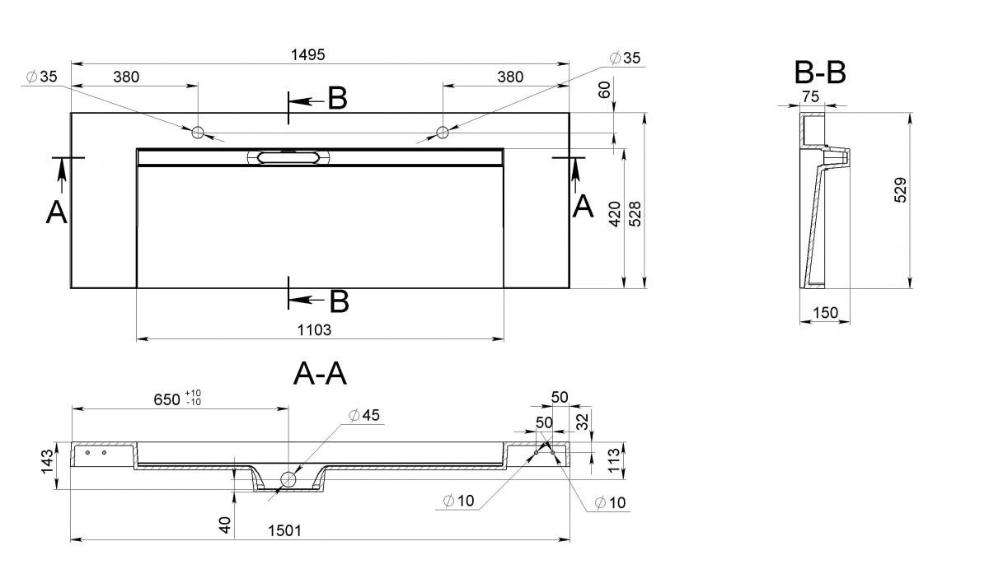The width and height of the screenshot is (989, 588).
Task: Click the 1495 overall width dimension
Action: [307, 54]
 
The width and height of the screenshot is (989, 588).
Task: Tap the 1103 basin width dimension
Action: [314, 330]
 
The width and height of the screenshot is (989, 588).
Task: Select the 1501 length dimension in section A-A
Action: [285, 530]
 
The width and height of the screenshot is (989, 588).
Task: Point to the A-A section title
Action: [320, 374]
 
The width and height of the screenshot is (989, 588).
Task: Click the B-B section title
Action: [820, 72]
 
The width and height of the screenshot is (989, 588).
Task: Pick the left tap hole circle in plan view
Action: [197, 132]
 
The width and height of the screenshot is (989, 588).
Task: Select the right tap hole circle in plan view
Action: [443, 132]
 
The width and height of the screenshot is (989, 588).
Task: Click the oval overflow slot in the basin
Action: [288, 157]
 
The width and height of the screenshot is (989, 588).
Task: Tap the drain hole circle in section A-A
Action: [288, 478]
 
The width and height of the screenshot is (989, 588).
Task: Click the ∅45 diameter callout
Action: [364, 415]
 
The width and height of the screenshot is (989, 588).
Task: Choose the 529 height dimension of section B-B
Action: [900, 190]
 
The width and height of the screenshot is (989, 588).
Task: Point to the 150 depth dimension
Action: [825, 313]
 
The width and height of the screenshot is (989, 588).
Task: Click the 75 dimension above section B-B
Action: [811, 96]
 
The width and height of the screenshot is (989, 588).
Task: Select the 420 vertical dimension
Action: [615, 214]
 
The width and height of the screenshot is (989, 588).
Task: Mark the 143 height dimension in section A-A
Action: [47, 462]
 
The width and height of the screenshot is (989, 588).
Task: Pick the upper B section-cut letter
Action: [337, 98]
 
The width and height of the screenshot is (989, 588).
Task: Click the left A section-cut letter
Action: [57, 212]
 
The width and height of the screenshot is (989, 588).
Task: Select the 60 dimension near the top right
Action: [605, 90]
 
